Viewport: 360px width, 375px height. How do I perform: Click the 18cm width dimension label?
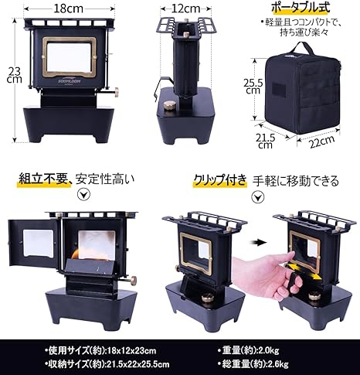point(69,9)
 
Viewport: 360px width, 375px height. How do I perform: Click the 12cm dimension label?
point(185,9)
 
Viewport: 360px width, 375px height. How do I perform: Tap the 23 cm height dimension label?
point(15,74)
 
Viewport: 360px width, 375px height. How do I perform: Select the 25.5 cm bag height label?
point(253,87)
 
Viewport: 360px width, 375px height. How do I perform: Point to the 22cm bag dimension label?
point(322,141)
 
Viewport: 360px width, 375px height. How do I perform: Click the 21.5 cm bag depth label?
point(265,141)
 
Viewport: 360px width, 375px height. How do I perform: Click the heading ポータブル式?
point(301,8)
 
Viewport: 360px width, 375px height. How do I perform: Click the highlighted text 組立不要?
point(43,179)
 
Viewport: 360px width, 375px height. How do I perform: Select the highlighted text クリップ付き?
point(220,179)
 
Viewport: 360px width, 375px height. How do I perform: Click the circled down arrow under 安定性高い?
point(84,195)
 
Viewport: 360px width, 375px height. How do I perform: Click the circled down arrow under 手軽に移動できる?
point(258,197)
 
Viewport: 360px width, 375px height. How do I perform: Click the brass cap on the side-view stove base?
point(170,105)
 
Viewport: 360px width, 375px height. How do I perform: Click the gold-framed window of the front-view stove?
point(69,57)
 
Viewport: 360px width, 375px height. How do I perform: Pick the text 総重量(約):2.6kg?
point(253,364)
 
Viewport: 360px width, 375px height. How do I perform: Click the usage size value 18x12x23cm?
point(131,350)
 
